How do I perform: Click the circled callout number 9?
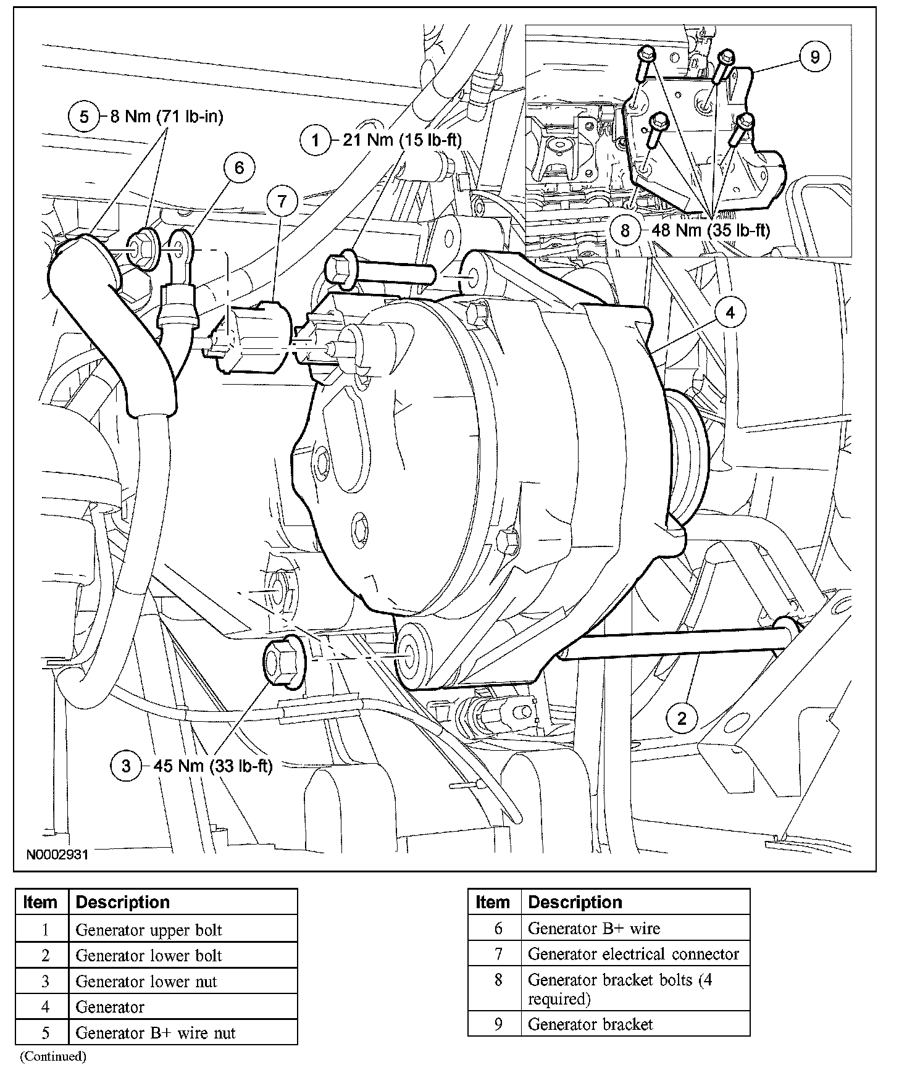(814, 57)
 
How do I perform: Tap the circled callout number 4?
(730, 313)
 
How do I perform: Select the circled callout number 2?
(682, 718)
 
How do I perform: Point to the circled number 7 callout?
(282, 201)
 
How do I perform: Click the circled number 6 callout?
(239, 168)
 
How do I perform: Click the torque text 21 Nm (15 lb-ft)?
(402, 140)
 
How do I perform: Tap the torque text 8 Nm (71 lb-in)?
(167, 116)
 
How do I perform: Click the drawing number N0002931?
(57, 855)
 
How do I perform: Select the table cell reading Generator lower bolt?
(149, 956)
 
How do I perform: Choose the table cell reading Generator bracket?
(590, 1024)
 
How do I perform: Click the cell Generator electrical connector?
(633, 954)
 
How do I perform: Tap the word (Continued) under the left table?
(53, 1056)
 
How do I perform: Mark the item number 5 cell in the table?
(45, 1033)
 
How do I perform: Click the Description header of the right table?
(575, 902)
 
